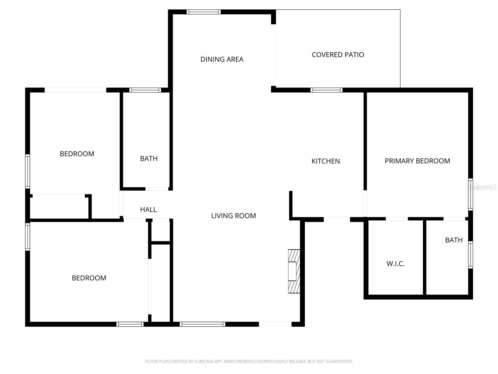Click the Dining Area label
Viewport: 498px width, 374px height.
tap(222, 59)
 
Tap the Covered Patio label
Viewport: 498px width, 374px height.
tap(338, 55)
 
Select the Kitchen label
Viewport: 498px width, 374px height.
tap(326, 161)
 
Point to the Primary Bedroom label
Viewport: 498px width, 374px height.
tap(417, 161)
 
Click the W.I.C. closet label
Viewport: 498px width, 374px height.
tap(395, 264)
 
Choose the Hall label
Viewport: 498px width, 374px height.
tap(148, 209)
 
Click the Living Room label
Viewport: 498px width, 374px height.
tap(233, 216)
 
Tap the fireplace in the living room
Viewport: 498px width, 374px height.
tap(294, 271)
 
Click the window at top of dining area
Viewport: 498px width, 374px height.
tap(204, 12)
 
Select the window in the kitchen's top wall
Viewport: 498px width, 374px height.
tap(326, 90)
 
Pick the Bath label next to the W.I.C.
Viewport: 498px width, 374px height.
tap(453, 240)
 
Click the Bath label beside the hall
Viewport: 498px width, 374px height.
tap(149, 159)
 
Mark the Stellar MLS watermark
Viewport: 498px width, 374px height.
tap(483, 187)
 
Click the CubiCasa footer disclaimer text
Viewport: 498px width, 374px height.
tap(249, 362)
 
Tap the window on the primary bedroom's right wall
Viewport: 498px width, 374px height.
tap(470, 194)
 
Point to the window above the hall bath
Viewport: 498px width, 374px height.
tap(145, 90)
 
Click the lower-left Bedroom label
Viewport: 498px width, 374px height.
tap(89, 278)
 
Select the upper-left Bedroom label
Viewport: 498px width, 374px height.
tap(77, 154)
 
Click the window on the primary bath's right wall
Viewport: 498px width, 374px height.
tap(470, 255)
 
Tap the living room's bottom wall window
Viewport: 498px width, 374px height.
tap(202, 324)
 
